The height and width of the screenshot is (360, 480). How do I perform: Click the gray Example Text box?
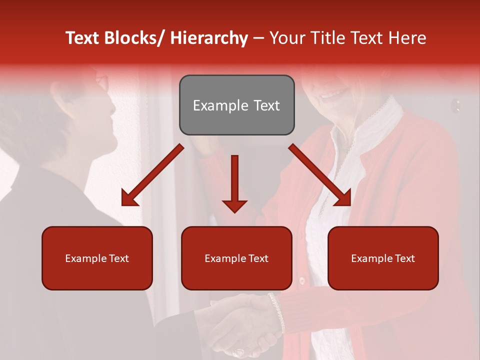click(x=236, y=105)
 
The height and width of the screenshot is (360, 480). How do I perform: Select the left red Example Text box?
click(x=97, y=258)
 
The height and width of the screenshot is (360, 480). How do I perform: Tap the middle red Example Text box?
click(x=236, y=258)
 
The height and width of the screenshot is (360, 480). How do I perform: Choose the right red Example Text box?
click(x=383, y=258)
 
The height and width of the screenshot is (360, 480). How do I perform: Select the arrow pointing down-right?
click(x=320, y=175)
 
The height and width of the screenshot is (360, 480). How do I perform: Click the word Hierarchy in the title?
click(x=209, y=38)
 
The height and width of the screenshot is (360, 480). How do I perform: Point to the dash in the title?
click(x=258, y=38)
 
